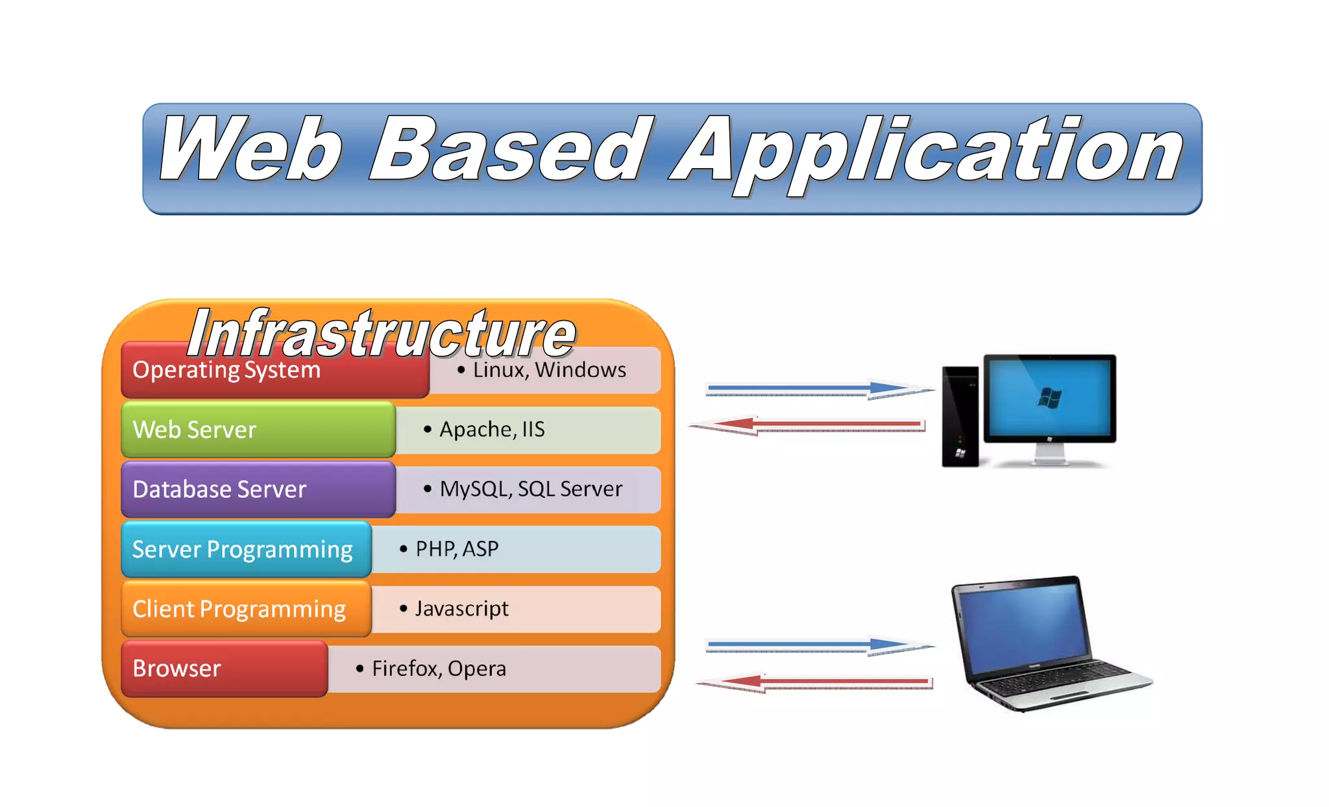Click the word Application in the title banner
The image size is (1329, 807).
click(928, 153)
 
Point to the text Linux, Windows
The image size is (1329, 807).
click(548, 370)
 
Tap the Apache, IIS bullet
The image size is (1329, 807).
click(492, 430)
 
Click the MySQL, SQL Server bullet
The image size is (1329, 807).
click(530, 489)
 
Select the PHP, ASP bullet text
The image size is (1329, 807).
click(456, 549)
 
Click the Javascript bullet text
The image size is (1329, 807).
click(461, 609)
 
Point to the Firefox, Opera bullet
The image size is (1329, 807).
click(438, 669)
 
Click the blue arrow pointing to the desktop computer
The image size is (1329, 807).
click(818, 390)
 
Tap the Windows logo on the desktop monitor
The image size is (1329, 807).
click(1049, 397)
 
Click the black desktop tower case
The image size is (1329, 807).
click(960, 416)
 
